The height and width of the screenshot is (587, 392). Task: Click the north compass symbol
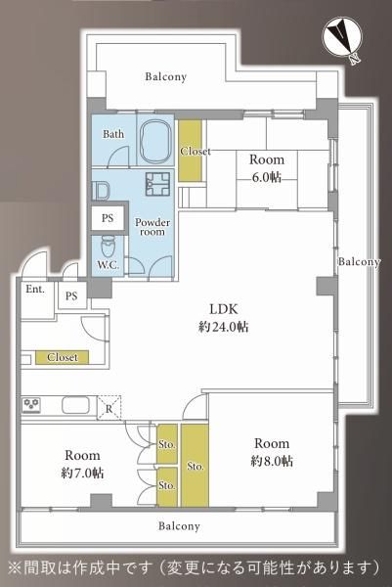[342, 37]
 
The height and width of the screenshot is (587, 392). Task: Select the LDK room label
[223, 309]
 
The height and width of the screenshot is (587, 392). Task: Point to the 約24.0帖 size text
[223, 327]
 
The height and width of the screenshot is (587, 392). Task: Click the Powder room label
[152, 227]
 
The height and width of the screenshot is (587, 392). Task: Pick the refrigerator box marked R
[109, 407]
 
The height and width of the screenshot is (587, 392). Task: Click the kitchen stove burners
[31, 405]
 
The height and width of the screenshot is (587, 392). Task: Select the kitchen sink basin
[75, 405]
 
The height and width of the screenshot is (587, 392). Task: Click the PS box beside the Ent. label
[72, 295]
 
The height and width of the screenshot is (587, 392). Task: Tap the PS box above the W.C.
[108, 218]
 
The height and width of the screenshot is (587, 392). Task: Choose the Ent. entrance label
[35, 289]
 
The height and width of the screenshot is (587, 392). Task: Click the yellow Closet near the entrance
[63, 357]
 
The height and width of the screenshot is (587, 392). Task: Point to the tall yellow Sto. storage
[195, 466]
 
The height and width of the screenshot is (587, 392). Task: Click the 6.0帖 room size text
[266, 177]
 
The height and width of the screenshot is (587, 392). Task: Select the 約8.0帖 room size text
[272, 461]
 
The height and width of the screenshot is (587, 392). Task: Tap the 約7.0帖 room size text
[82, 473]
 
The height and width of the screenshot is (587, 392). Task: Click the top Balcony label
[166, 76]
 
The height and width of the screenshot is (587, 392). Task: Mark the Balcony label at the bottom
[179, 526]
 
